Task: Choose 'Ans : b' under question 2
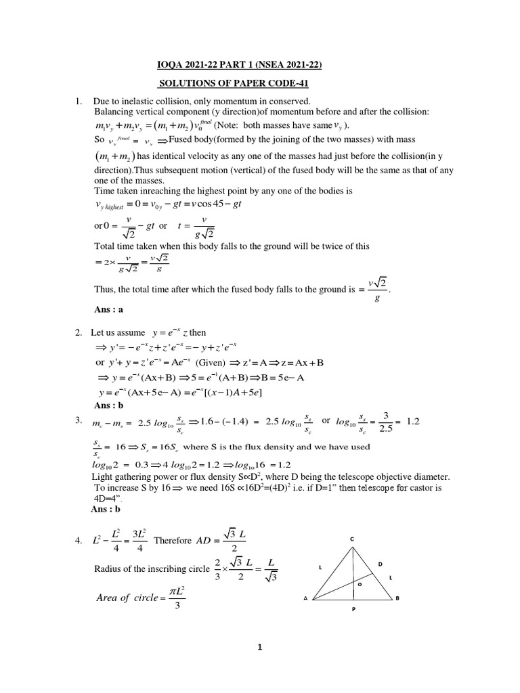click(109, 406)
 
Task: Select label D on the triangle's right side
click(380, 564)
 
